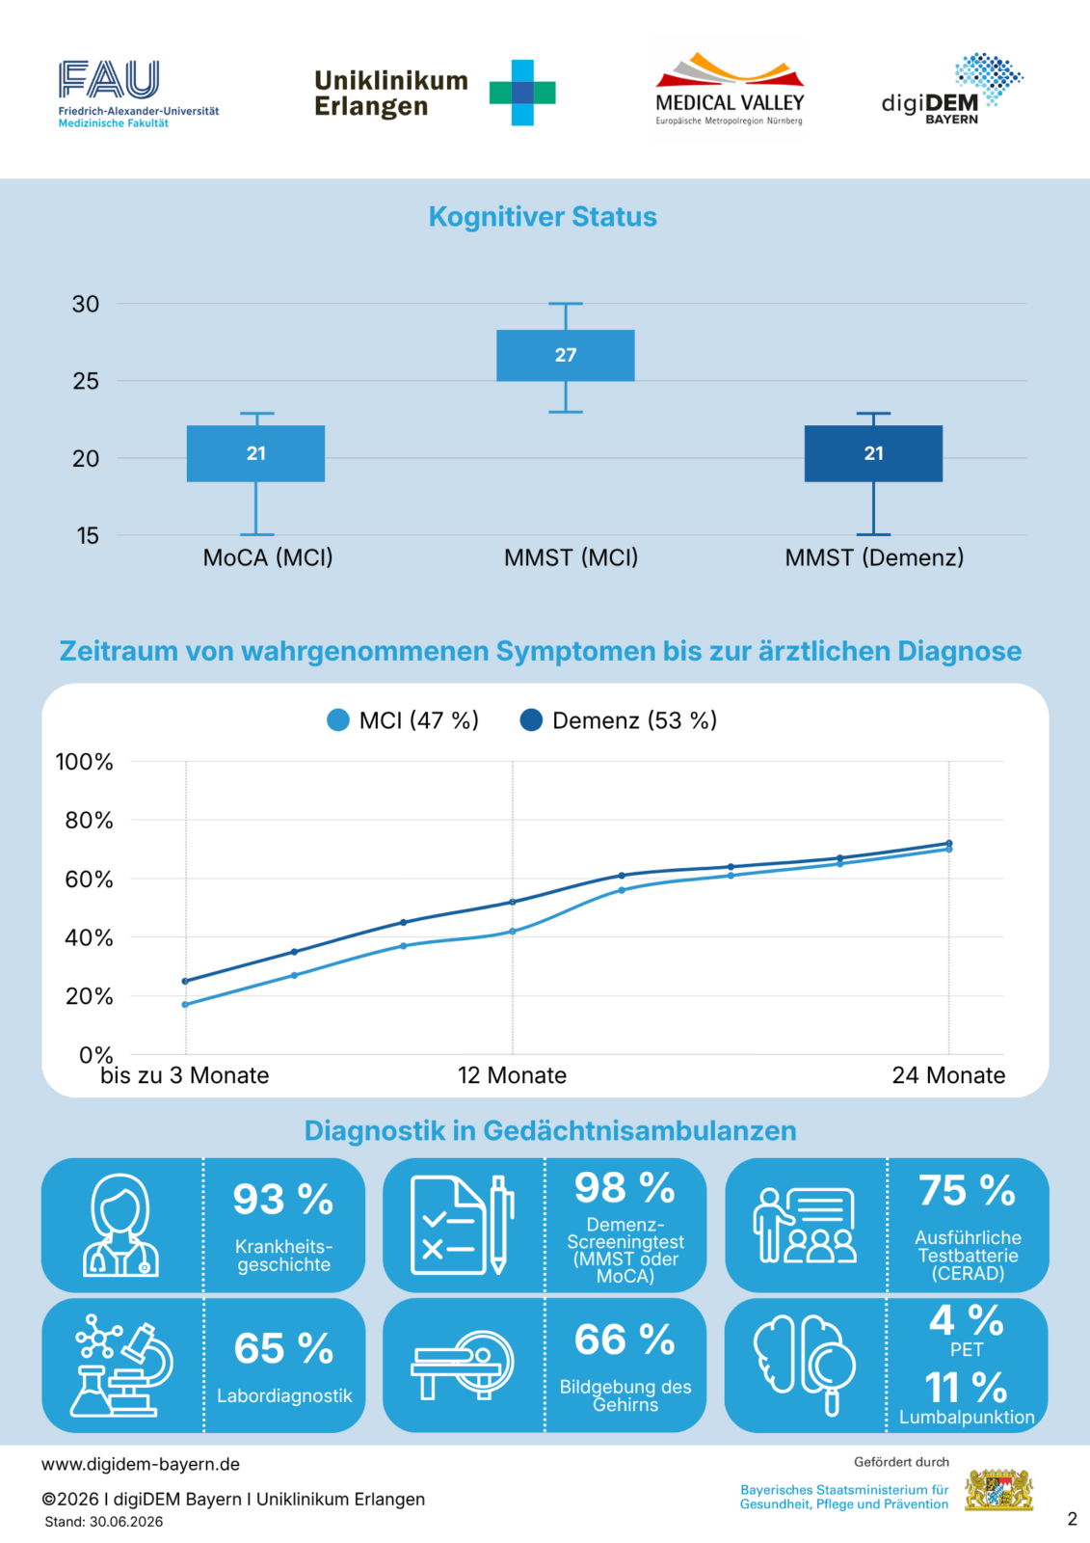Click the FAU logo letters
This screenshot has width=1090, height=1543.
(x=109, y=78)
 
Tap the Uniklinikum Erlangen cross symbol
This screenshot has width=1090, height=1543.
(x=522, y=93)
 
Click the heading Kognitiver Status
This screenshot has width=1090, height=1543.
(x=543, y=216)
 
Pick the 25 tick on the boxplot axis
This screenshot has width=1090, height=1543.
(x=86, y=381)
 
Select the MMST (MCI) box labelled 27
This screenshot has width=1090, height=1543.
(x=566, y=356)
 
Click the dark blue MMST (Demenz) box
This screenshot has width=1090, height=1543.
(x=873, y=453)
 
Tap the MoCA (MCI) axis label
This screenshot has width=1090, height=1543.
(x=268, y=557)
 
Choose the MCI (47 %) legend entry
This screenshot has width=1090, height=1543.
(x=403, y=720)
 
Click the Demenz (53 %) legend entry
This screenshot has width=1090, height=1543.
(x=619, y=720)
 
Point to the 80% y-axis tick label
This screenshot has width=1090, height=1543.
(x=89, y=821)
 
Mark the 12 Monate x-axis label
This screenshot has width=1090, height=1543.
(x=513, y=1075)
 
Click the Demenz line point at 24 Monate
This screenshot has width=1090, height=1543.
(x=949, y=843)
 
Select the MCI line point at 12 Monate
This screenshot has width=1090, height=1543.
(x=513, y=932)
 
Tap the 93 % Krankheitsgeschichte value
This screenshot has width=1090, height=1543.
(x=283, y=1200)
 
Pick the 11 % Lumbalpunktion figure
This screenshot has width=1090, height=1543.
(x=966, y=1388)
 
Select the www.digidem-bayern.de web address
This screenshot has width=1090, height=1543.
(x=141, y=1464)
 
